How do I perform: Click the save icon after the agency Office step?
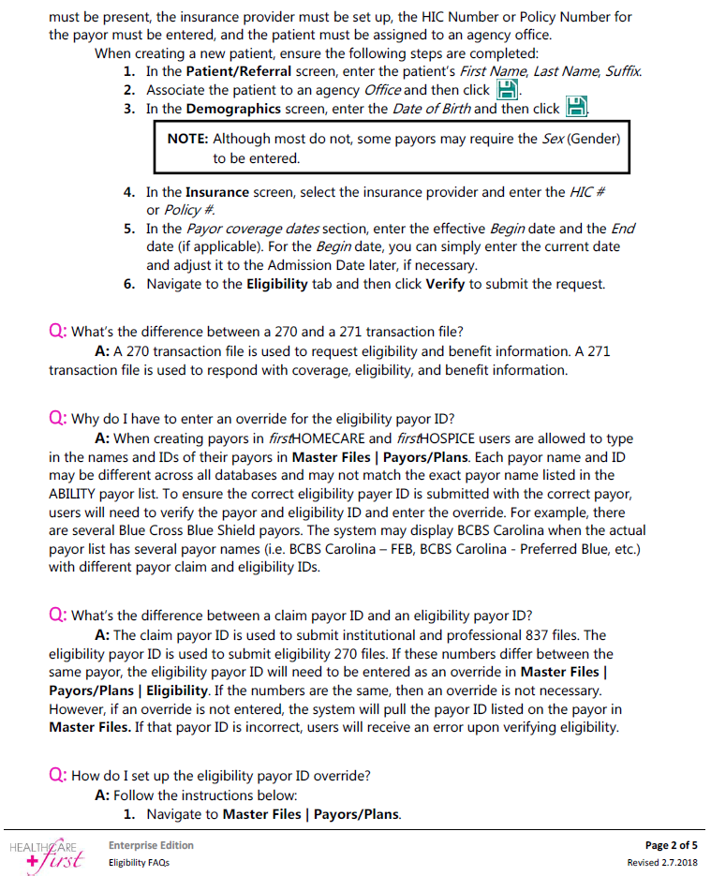coord(506,90)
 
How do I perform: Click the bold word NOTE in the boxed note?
coord(187,139)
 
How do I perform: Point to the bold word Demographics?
coord(233,110)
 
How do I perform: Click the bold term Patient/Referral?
coord(239,71)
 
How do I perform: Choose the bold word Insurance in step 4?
coord(216,192)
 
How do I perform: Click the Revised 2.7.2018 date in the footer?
coord(663,862)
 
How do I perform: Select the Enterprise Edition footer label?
coord(151,845)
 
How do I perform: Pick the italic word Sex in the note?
coord(553,139)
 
